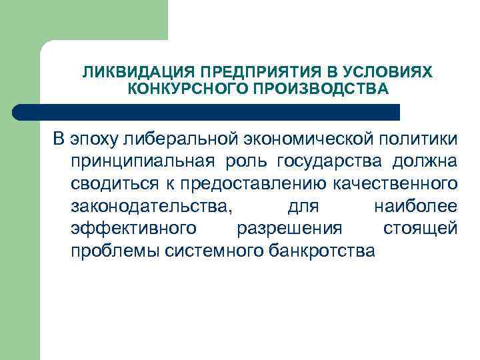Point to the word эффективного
133,229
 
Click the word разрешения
289,229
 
